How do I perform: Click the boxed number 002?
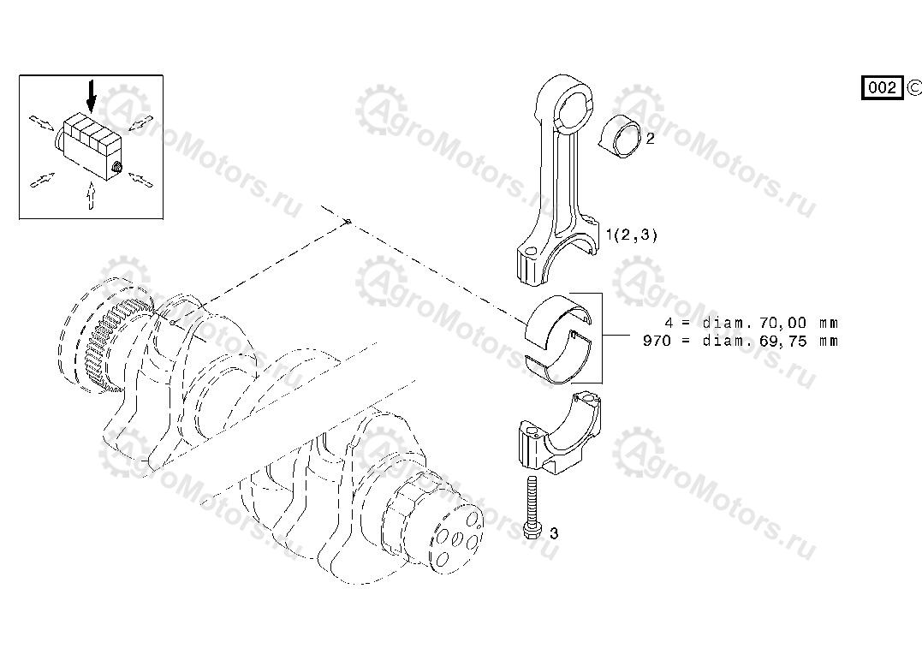point(882,87)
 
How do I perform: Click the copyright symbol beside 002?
point(913,87)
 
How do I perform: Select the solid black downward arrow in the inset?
point(91,97)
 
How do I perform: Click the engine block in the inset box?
point(92,144)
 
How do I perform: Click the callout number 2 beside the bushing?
point(650,139)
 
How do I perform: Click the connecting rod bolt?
point(532,507)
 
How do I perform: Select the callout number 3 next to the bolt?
point(553,533)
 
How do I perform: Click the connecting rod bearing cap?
point(559,434)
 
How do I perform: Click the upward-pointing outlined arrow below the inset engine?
point(89,196)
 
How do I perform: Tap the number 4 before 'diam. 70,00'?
point(668,323)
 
